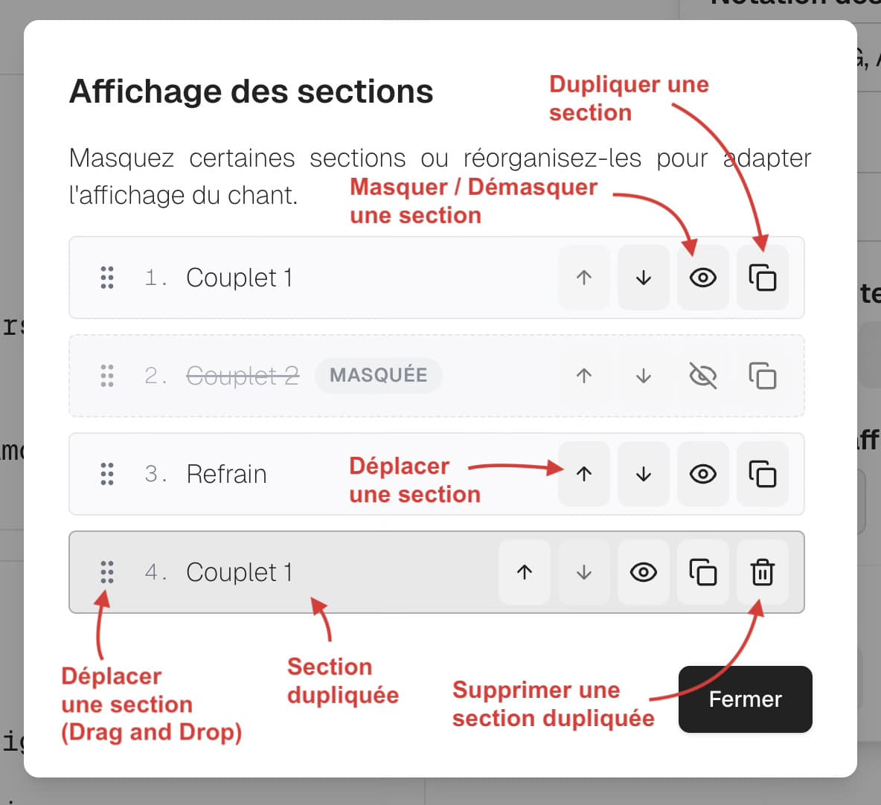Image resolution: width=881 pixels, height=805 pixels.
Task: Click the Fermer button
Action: click(745, 699)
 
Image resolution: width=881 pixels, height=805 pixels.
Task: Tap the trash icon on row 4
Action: click(762, 572)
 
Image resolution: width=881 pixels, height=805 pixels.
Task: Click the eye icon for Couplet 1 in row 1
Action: click(702, 278)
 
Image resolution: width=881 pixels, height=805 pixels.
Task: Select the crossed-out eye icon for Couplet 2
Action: click(702, 376)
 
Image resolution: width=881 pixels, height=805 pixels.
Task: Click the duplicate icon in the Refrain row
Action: click(762, 474)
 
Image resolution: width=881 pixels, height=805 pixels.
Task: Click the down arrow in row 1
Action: click(643, 278)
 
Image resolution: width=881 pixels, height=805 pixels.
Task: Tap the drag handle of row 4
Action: click(107, 572)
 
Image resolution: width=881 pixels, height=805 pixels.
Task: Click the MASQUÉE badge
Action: click(378, 375)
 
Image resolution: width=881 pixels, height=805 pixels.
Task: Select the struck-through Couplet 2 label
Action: click(242, 376)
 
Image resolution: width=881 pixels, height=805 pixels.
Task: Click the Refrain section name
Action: click(226, 474)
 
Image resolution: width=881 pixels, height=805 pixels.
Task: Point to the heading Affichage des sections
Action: click(251, 92)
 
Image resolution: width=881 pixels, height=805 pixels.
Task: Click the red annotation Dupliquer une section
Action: click(628, 98)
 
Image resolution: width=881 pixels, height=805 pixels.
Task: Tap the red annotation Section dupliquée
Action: click(342, 680)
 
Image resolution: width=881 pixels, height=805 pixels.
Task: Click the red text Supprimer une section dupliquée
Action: click(552, 704)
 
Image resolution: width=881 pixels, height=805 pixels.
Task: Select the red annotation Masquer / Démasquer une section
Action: click(473, 201)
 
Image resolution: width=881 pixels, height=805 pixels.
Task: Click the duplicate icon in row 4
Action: click(702, 572)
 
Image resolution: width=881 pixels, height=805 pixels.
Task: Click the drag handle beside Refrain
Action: click(107, 474)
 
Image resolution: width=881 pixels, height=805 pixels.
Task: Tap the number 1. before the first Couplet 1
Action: click(155, 278)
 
